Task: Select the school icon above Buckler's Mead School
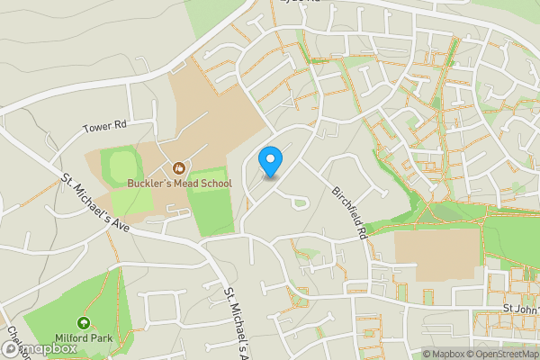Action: pos(178,167)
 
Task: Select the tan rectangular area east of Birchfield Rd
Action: pos(437,253)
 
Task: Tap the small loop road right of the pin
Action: pos(301,200)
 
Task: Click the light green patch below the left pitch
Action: pos(130,202)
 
